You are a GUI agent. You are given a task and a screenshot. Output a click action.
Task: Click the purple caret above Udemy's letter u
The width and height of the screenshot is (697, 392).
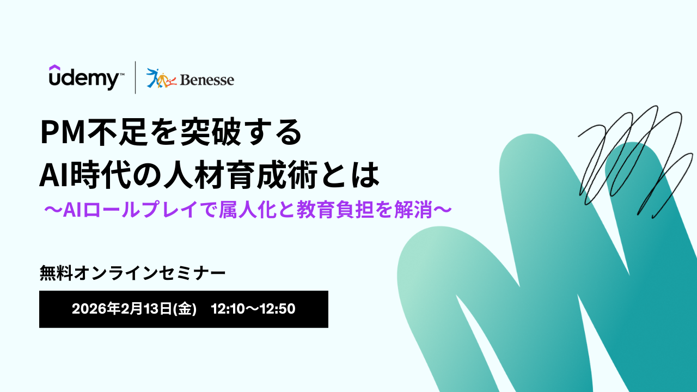[x=54, y=67]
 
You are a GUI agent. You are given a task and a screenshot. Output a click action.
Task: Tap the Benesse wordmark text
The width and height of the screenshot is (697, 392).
[x=207, y=80]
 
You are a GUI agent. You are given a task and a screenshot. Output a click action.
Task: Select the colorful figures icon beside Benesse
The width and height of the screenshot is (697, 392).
[x=161, y=78]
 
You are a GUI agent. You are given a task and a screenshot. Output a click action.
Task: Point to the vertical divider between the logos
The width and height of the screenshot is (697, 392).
[x=136, y=77]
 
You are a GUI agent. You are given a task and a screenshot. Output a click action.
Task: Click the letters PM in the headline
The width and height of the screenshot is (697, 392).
[x=63, y=132]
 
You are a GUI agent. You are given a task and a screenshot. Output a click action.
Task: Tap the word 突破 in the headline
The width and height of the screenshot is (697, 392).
[x=210, y=132]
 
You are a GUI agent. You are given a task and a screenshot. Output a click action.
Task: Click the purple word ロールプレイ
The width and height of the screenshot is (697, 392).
[x=140, y=210]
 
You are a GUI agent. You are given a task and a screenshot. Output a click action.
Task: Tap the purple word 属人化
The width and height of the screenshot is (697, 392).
[x=248, y=210]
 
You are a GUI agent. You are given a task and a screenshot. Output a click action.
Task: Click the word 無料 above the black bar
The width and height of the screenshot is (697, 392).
[x=56, y=273]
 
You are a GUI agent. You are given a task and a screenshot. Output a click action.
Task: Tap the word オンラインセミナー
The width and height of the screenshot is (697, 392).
[x=150, y=273]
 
